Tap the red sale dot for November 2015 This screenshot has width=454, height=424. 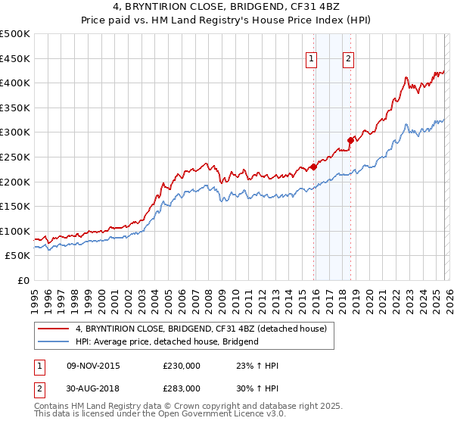(313, 167)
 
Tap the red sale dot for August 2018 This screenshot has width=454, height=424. (350, 140)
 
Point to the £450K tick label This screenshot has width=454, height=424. (15, 58)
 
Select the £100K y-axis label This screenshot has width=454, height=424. (15, 231)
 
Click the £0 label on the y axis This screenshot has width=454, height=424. (23, 280)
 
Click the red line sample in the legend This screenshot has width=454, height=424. (53, 329)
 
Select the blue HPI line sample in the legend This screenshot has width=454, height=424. (53, 341)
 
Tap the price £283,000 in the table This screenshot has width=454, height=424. (182, 388)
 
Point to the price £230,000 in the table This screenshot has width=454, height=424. (182, 366)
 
